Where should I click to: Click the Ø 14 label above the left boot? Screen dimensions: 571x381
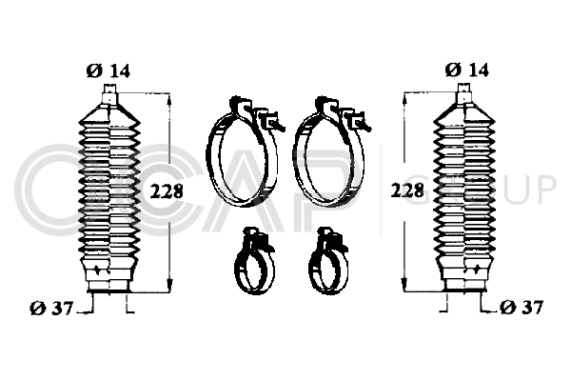click(x=108, y=70)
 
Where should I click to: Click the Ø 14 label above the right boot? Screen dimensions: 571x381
click(x=466, y=70)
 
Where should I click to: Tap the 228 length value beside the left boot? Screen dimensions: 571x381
click(x=167, y=190)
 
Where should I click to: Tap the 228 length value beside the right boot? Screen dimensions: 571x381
click(x=407, y=190)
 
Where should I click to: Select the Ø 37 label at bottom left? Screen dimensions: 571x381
click(x=51, y=309)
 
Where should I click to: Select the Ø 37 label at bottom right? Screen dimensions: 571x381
click(x=522, y=308)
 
